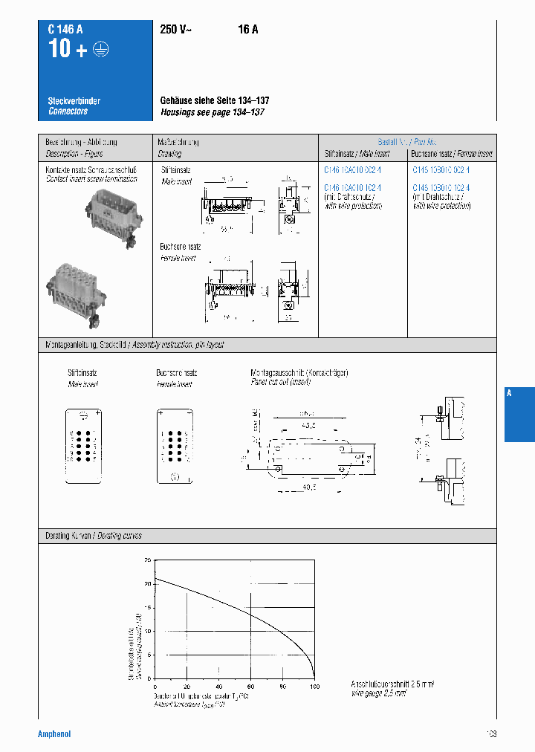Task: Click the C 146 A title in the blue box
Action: pos(65,30)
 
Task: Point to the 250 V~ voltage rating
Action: pos(178,30)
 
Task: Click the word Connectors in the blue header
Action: pos(68,111)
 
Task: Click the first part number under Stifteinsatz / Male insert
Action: pos(352,170)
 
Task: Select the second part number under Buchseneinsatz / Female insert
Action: pos(441,188)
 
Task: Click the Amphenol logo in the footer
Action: pos(54,734)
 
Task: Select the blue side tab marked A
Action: pos(519,415)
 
